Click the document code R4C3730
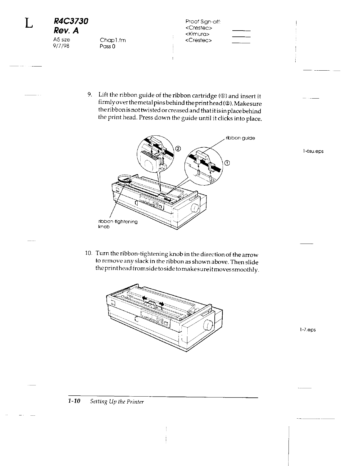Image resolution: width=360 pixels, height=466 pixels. pyautogui.click(x=71, y=21)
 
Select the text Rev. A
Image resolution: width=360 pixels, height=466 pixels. pyautogui.click(x=66, y=31)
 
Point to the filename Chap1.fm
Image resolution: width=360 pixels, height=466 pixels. pyautogui.click(x=113, y=40)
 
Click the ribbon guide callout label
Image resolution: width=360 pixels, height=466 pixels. pyautogui.click(x=240, y=138)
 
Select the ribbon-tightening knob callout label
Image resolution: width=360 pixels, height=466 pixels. pyautogui.click(x=117, y=224)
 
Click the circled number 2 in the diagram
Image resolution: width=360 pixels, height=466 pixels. pyautogui.click(x=178, y=148)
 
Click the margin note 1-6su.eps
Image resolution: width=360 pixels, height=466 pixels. pyautogui.click(x=313, y=151)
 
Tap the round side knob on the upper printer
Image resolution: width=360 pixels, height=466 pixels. pyautogui.click(x=194, y=208)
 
